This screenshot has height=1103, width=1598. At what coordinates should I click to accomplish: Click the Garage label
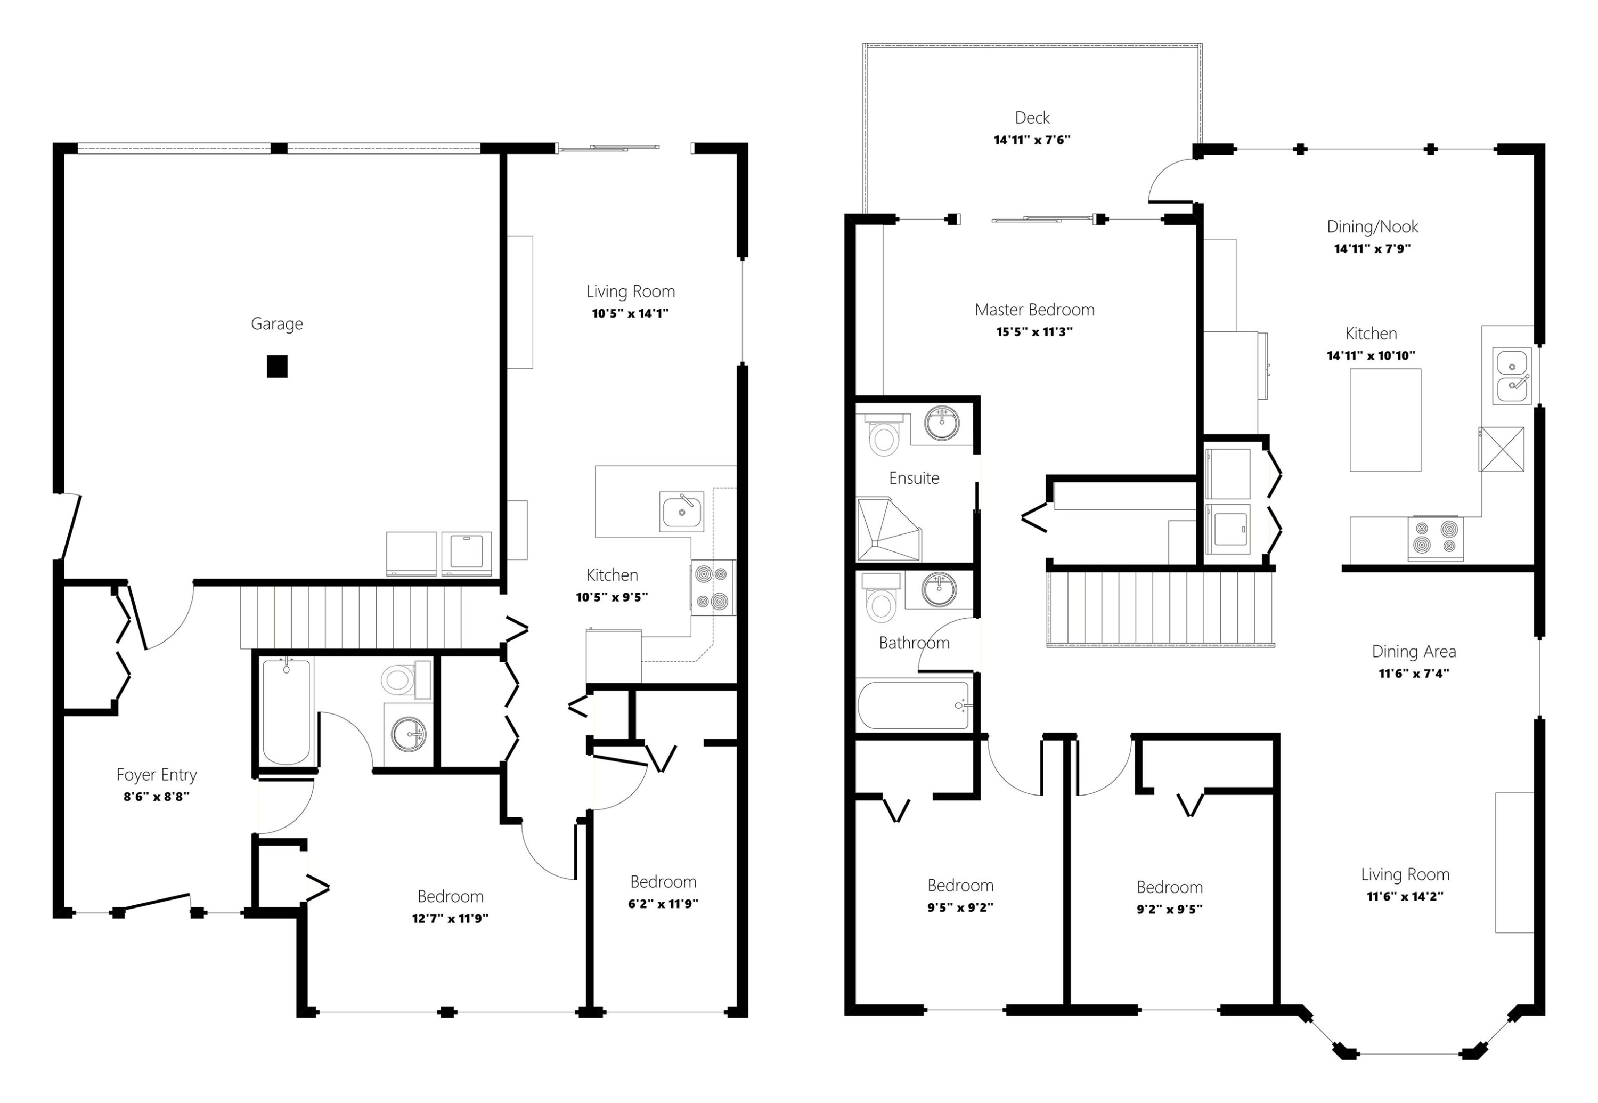(x=276, y=324)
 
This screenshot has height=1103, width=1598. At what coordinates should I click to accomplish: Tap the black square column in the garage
(x=277, y=366)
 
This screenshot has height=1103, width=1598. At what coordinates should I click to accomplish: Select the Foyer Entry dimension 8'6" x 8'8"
(x=157, y=797)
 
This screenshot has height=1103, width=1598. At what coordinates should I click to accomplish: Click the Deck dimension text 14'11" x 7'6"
(x=1032, y=140)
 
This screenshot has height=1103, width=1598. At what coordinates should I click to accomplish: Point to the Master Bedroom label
(x=1034, y=310)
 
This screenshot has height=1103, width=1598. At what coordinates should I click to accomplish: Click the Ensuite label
(x=914, y=478)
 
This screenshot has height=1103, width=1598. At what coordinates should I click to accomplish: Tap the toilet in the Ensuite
(x=884, y=435)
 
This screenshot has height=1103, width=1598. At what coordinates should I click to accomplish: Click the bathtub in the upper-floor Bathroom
(x=914, y=705)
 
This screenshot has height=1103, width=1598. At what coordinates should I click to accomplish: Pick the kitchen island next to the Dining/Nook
(x=1385, y=420)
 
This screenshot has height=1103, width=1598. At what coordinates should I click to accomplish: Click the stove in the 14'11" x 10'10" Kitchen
(x=1435, y=538)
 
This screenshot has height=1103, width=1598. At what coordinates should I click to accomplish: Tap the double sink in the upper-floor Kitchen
(x=1512, y=375)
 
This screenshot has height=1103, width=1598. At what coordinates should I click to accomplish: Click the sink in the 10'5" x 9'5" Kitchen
(x=682, y=512)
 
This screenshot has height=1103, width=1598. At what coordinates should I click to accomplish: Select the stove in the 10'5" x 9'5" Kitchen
(x=713, y=587)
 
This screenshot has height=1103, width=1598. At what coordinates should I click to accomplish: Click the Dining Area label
(x=1414, y=652)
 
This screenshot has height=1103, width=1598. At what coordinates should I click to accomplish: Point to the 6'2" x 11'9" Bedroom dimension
(x=663, y=904)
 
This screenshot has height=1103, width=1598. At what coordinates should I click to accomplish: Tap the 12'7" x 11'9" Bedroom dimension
(x=451, y=919)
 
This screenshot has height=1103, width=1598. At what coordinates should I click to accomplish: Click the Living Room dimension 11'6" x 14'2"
(x=1405, y=896)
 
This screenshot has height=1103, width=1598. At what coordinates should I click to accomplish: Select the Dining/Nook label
(x=1372, y=226)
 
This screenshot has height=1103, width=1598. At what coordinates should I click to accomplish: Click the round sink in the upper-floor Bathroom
(x=940, y=589)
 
